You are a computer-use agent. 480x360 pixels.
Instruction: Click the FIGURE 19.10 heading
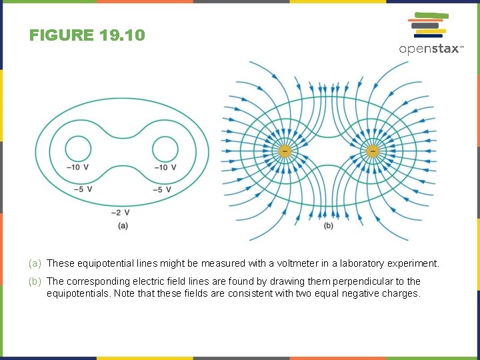coord(87,35)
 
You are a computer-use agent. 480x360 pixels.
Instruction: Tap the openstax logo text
coord(430,49)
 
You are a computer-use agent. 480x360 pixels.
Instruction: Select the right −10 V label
coord(165,167)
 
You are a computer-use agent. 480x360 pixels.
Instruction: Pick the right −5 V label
coord(161,189)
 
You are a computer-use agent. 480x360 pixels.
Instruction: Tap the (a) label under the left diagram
coord(122,225)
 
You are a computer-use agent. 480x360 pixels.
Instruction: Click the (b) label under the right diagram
coord(328,226)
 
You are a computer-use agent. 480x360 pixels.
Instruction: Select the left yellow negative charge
coord(284,151)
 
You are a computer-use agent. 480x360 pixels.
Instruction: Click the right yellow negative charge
coord(372,151)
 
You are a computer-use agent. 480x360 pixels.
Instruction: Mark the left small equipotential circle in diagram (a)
coord(79,149)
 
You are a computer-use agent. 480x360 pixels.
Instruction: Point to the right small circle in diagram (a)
coord(165,149)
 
